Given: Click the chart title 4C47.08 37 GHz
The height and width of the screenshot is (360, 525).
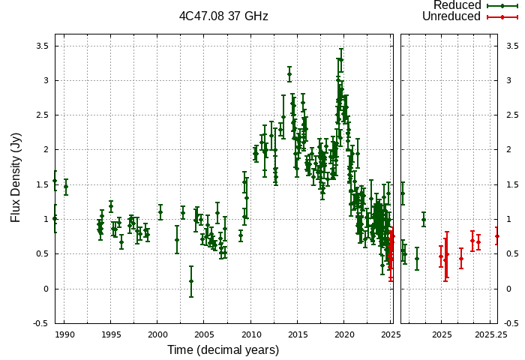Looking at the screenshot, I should click(x=223, y=16).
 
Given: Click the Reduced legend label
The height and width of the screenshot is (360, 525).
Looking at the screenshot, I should click(x=457, y=5).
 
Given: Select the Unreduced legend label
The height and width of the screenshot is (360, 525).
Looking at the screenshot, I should click(x=451, y=16).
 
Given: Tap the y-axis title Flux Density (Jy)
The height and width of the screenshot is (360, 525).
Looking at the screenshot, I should click(x=16, y=178).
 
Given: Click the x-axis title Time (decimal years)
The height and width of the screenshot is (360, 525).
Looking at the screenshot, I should click(x=223, y=350).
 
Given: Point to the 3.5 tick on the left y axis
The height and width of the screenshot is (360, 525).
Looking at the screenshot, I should click(x=42, y=46).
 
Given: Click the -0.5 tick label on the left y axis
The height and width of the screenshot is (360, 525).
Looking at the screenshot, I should click(x=40, y=323).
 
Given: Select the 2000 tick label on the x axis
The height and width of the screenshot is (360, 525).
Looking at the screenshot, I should click(x=157, y=334).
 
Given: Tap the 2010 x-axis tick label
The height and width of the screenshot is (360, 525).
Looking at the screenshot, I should click(x=250, y=334).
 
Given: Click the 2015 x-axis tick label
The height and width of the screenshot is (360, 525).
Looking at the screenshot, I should click(x=298, y=334).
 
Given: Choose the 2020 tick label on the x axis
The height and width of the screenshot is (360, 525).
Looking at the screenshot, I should click(x=344, y=334).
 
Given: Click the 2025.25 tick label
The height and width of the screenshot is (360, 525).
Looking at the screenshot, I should click(x=491, y=334).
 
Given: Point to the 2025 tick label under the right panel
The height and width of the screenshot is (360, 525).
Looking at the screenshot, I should click(x=442, y=334).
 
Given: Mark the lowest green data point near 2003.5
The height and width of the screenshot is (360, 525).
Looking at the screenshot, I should click(x=191, y=281).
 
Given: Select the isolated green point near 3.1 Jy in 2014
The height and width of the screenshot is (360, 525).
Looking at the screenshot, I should click(x=289, y=74).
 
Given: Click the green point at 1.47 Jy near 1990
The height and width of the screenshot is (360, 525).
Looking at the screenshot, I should click(x=66, y=187).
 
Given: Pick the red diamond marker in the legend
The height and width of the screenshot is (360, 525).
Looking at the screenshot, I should click(x=501, y=16).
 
